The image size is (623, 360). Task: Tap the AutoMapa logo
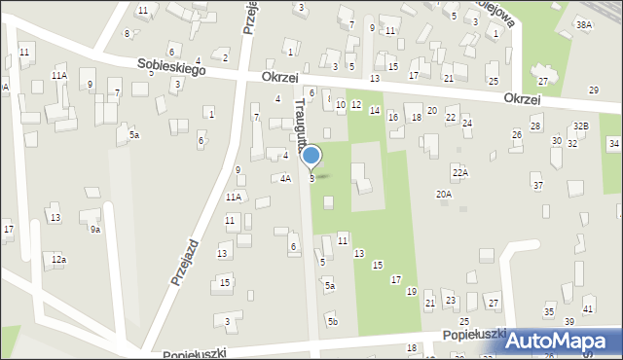pos(562,342)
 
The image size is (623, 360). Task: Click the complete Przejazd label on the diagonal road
pos(185,262)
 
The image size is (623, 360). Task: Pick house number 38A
pos(583,24)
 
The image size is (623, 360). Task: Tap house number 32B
pos(580,126)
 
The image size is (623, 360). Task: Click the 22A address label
pos(459,172)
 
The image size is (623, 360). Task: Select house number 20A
pos(443,195)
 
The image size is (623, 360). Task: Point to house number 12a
pos(59,259)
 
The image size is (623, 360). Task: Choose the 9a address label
pos(95,230)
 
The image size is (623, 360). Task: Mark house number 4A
pos(285,179)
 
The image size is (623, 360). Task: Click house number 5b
pos(332,321)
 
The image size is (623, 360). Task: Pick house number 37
pos(537,185)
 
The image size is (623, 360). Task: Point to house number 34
pos(613,144)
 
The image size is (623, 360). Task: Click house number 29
pos(594,90)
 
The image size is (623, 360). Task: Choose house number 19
pos(412,292)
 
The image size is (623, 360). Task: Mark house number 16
pos(393,118)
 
